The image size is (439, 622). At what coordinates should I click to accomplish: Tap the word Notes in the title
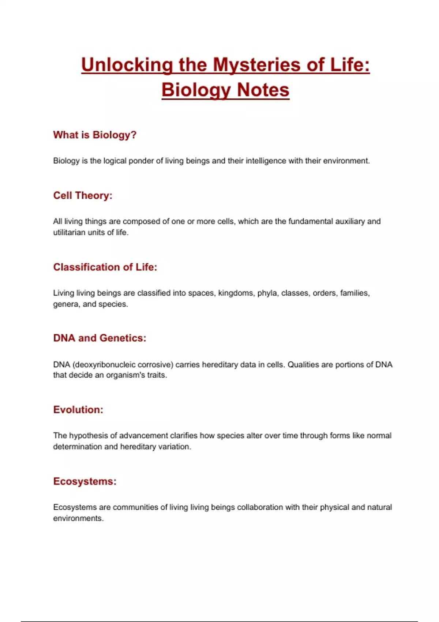coord(263,90)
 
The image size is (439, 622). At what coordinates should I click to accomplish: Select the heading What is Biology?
coord(95,135)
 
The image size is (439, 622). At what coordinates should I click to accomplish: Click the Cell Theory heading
coord(83,196)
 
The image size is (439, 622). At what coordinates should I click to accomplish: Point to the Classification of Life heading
coord(105,267)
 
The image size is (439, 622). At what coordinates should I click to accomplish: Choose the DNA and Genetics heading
coord(100,338)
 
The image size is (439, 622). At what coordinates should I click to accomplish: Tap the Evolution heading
coord(78,410)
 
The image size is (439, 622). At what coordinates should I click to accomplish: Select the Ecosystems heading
coord(85,481)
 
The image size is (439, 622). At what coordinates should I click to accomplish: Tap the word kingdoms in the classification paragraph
coord(236,293)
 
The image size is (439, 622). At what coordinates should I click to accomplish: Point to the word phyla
coord(267,293)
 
